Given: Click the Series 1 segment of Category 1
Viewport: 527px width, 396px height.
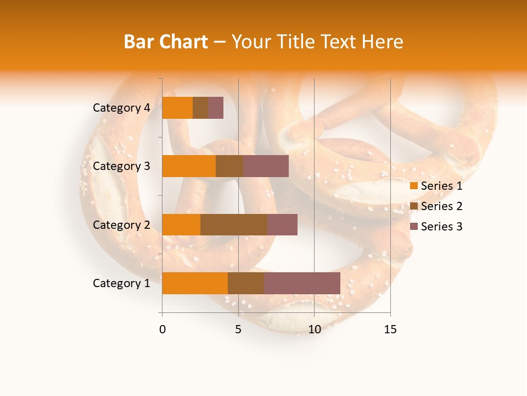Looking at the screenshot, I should tap(195, 283).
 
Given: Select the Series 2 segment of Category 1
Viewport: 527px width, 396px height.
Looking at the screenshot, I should tap(246, 283).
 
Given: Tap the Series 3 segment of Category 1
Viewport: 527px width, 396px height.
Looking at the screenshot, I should tap(302, 283).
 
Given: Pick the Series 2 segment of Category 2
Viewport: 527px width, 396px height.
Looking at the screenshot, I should tap(234, 224).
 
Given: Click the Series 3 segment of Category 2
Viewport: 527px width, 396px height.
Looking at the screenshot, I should tap(282, 224).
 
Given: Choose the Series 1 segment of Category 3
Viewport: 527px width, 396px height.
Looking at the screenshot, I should tap(189, 166).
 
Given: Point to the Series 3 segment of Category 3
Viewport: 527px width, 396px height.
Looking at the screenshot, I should tap(266, 166).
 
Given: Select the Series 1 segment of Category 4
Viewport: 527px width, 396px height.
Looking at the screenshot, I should tap(177, 108).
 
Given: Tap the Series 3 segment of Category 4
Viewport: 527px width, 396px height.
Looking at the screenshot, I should tap(216, 108).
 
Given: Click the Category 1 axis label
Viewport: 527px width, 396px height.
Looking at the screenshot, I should tap(121, 283).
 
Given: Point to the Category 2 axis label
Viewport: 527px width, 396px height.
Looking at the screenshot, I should tap(121, 224).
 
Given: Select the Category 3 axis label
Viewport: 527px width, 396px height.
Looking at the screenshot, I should tap(121, 166).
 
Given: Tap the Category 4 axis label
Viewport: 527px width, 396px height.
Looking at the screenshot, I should tap(121, 108).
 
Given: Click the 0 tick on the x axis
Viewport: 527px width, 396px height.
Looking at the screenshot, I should tap(162, 329).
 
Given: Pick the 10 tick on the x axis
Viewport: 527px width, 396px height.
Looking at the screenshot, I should tap(314, 329).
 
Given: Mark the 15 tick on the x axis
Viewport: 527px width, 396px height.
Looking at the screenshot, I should tap(390, 329).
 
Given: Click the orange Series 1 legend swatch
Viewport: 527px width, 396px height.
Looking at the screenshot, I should tap(414, 186).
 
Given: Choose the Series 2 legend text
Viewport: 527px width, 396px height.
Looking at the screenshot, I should tap(441, 206).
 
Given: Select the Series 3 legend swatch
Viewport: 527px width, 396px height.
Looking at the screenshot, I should tap(414, 227).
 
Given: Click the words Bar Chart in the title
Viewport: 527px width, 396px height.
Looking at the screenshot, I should tap(165, 42).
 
